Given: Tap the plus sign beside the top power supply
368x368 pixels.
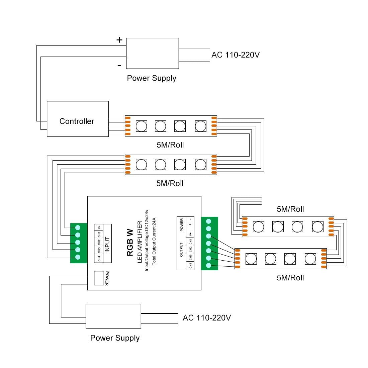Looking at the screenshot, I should click(x=119, y=40).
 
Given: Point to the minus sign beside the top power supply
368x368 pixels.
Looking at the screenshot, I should click(x=119, y=66).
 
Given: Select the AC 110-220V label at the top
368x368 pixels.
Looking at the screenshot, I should click(x=236, y=55).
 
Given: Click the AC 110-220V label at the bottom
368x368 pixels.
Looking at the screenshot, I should click(x=207, y=318).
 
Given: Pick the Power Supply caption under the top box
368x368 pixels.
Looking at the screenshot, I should click(x=152, y=78).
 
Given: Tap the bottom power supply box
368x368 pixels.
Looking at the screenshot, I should click(x=113, y=316).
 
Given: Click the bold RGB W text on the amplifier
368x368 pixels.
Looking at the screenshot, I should click(x=130, y=243).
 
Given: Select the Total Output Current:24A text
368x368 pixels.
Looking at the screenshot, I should click(x=154, y=241).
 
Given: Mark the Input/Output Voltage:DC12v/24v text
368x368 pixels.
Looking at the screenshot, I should click(x=147, y=241).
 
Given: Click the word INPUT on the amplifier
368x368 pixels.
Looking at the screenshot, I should click(x=107, y=245).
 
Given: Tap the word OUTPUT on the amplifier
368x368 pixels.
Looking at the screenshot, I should click(x=182, y=250).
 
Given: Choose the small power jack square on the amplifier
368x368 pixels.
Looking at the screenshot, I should click(x=99, y=278).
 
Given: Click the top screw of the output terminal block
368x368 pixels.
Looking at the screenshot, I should click(x=209, y=221).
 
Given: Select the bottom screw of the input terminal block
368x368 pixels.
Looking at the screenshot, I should click(x=78, y=257).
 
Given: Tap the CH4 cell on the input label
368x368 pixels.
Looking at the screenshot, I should click(x=99, y=258).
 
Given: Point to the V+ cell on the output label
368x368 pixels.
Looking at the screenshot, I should click(x=190, y=234).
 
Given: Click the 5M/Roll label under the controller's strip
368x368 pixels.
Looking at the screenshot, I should click(x=170, y=145).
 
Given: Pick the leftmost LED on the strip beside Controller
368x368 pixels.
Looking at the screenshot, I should click(x=141, y=126).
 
